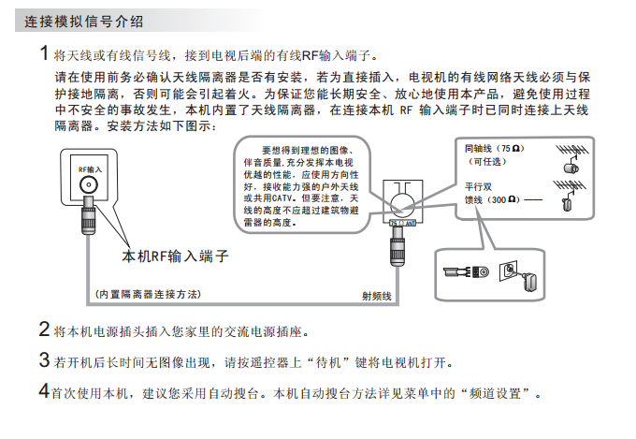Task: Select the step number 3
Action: pos(44,360)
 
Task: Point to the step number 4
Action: pos(44,390)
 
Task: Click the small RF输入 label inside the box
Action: pos(88,169)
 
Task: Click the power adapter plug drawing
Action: pos(523,276)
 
